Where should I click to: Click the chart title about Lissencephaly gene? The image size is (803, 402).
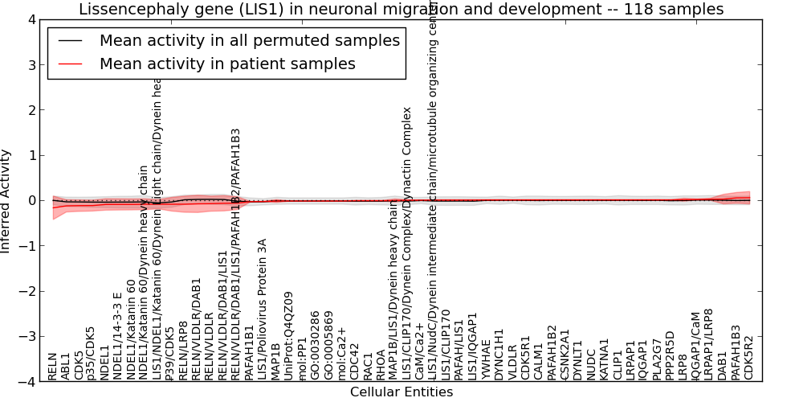401,9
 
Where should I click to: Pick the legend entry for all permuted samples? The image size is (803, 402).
249,41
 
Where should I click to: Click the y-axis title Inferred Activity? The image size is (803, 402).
6,201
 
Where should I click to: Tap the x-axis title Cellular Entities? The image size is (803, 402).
401,392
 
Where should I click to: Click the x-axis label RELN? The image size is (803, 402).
53,366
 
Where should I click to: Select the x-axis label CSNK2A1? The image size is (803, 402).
565,355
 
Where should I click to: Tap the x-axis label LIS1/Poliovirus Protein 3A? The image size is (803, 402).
263,309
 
